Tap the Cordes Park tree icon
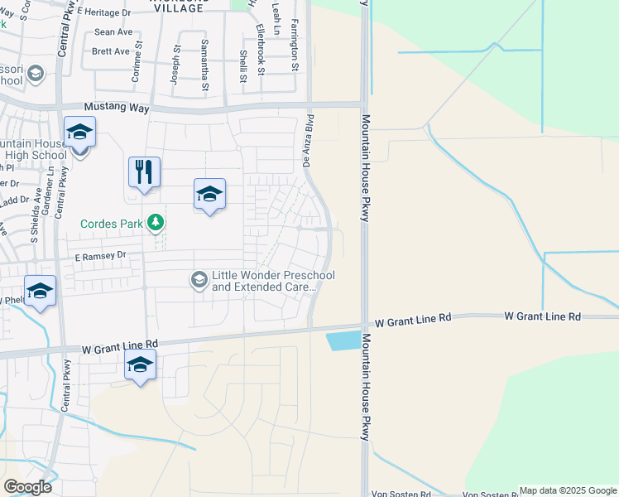(154, 223)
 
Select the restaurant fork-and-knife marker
(144, 172)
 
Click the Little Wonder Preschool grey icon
(199, 280)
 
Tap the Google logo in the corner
(27, 487)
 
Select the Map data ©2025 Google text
(568, 491)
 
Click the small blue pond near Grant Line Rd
(344, 340)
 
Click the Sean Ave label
(113, 32)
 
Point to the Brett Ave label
(111, 51)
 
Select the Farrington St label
(294, 46)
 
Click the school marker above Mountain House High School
(80, 133)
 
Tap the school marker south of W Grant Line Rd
(140, 364)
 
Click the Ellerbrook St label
(261, 51)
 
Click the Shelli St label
(243, 66)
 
